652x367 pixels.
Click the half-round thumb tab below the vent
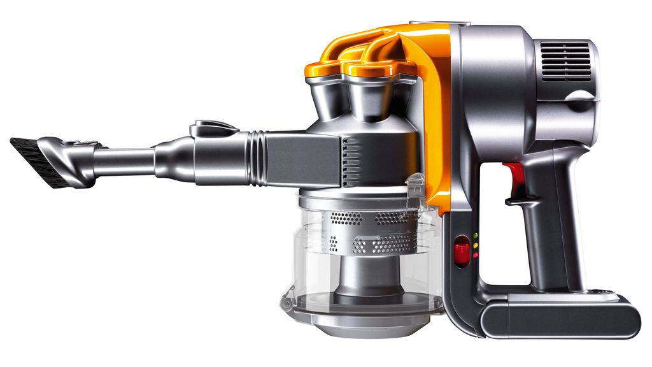pos(583,98)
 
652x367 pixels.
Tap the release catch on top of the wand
pos(213,127)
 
